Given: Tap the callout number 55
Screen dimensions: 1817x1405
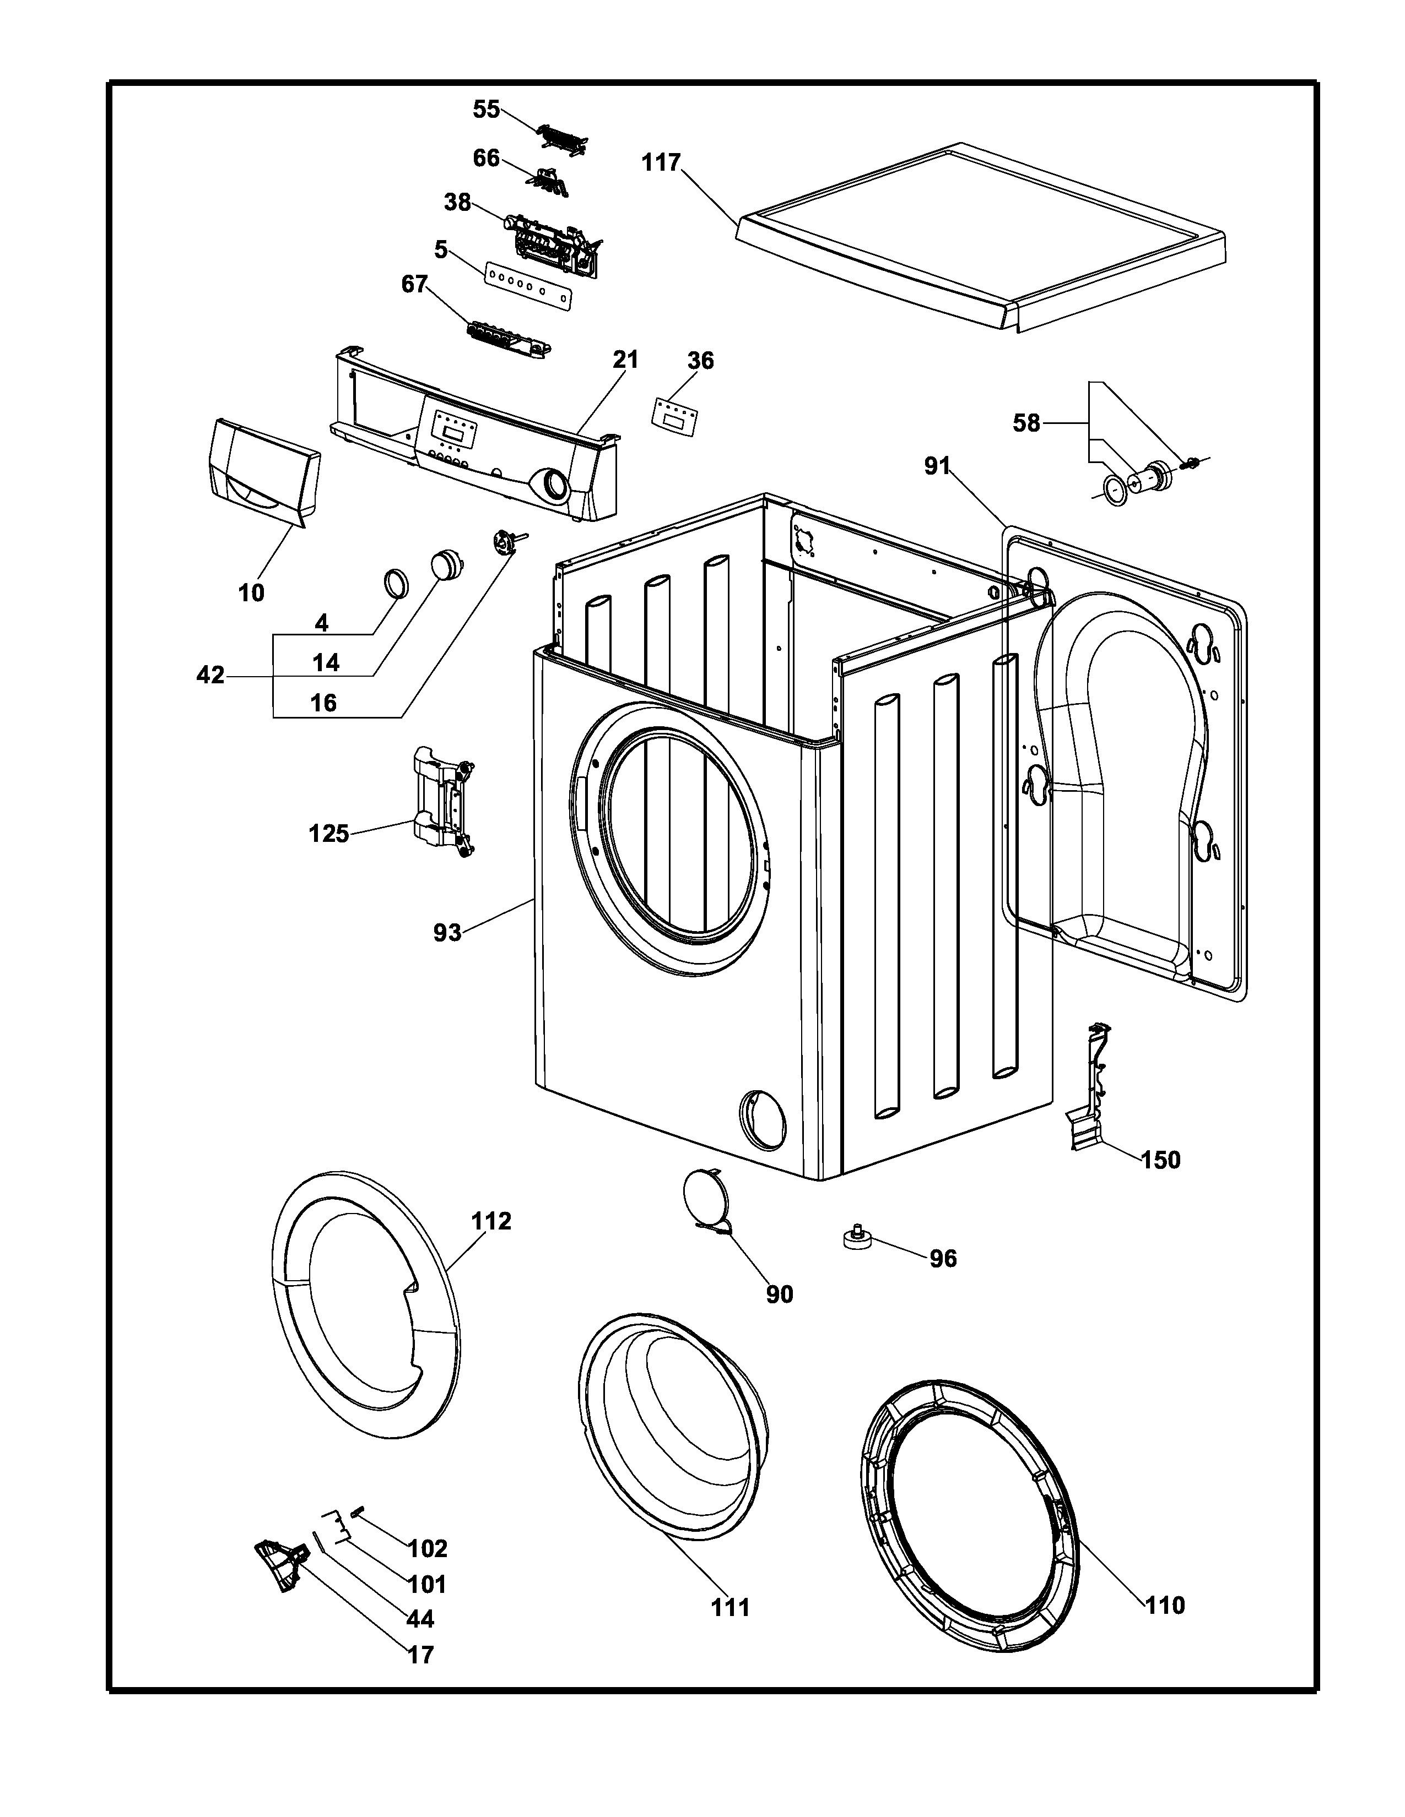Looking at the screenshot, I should tap(487, 109).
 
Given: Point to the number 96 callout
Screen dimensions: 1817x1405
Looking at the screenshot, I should tap(943, 1259).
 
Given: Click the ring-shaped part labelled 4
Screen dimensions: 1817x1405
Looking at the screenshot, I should tap(396, 583).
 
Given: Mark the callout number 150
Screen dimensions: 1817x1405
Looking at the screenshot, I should tap(1160, 1160).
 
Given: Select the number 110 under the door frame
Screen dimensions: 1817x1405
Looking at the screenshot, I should tap(1164, 1605).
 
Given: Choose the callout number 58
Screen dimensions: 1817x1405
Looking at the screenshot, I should tap(1026, 423).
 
